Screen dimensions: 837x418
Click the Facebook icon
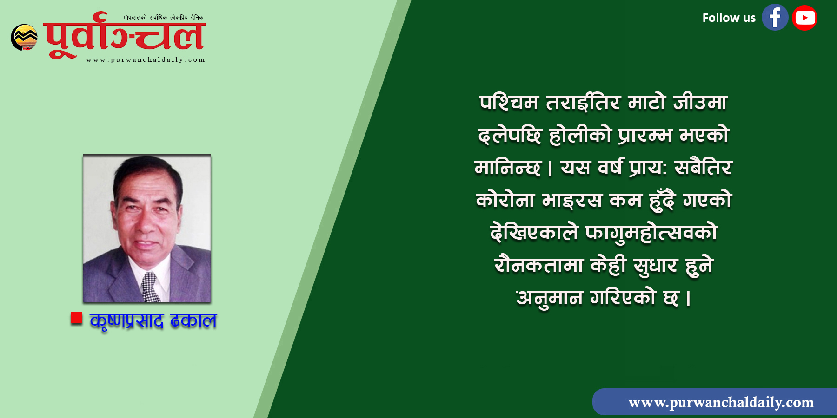pos(775,18)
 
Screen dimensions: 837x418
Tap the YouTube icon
pos(804,18)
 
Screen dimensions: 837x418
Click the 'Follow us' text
pos(729,18)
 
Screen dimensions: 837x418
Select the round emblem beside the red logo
pos(24,37)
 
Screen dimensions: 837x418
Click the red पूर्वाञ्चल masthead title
pos(125,35)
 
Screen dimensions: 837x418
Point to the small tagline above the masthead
pos(163,18)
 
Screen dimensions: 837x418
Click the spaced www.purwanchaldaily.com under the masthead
pos(146,60)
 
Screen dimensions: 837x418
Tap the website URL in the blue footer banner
pos(721,402)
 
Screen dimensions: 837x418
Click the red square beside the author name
pos(76,318)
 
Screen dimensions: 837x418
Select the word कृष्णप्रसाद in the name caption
pos(126,321)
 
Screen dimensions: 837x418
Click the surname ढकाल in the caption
pos(193,320)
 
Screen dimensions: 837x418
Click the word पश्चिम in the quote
pos(509,103)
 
